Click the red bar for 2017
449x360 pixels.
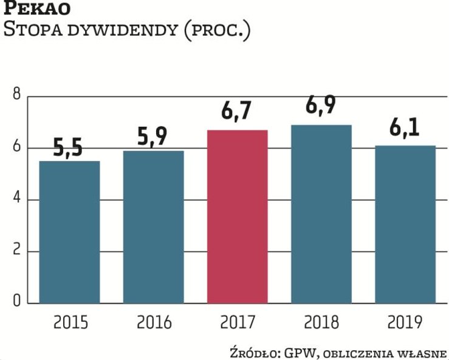pyautogui.click(x=237, y=216)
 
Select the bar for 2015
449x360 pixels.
pyautogui.click(x=69, y=231)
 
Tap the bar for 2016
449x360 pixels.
pyautogui.click(x=153, y=226)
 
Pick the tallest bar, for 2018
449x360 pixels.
pyautogui.click(x=321, y=214)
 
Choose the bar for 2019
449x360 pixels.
pyautogui.click(x=405, y=224)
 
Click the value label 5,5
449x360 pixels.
pyautogui.click(x=68, y=148)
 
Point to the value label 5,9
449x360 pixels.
pyautogui.click(x=153, y=137)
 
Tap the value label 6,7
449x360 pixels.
pyautogui.click(x=237, y=114)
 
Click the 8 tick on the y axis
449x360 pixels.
pyautogui.click(x=16, y=95)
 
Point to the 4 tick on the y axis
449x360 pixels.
pyautogui.click(x=16, y=200)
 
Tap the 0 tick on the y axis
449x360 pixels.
pyautogui.click(x=16, y=302)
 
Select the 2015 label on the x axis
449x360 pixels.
pyautogui.click(x=70, y=322)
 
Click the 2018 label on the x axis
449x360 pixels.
pyautogui.click(x=321, y=322)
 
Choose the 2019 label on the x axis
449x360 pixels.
pyautogui.click(x=406, y=322)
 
